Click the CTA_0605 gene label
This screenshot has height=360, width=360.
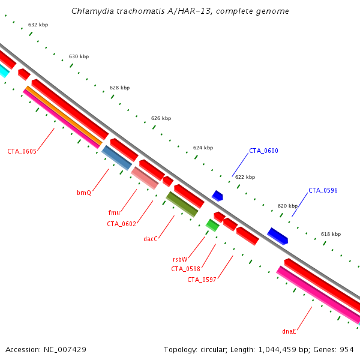tap(22, 151)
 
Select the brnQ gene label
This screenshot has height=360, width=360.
tap(84, 193)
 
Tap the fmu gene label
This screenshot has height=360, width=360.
tap(114, 212)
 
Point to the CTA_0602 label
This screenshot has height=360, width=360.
tap(122, 224)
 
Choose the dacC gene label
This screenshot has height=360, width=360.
tap(151, 239)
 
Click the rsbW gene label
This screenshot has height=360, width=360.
tap(180, 259)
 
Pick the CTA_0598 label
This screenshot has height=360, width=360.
tap(185, 269)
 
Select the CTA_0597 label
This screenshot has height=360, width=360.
tap(202, 280)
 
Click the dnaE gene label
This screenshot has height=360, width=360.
tap(290, 331)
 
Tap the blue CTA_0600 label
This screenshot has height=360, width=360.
tap(264, 151)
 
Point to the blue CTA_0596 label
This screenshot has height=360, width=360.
tap(323, 190)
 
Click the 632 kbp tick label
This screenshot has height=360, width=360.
tap(38, 25)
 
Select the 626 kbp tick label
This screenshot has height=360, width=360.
tap(161, 118)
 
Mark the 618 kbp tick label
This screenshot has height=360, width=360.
tap(331, 234)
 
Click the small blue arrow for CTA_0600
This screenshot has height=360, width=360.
tap(217, 196)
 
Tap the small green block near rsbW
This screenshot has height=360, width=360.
tap(212, 225)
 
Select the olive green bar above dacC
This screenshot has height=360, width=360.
tap(182, 204)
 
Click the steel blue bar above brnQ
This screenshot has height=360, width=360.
tap(116, 158)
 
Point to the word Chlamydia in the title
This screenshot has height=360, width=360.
tap(91, 11)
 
